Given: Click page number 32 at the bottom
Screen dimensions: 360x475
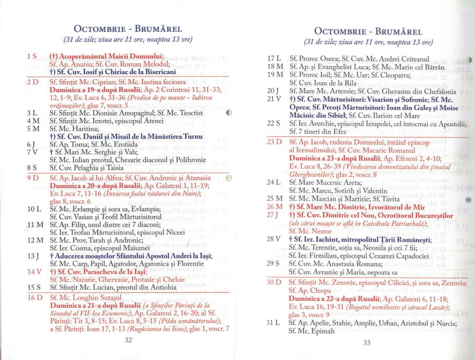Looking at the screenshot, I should pos(128,340).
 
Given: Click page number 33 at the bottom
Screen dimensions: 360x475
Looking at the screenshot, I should pos(367,343).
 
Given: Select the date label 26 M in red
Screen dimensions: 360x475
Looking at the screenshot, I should pos(275,207).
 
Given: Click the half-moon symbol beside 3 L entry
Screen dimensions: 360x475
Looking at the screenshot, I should pos(230,113).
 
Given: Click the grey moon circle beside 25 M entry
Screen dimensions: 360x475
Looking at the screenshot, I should pos(469,199).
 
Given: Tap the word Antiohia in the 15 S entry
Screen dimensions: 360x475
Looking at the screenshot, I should pos(163,287).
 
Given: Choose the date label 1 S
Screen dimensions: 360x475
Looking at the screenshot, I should pos(32,56).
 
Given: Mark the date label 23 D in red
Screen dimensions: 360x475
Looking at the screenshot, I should pos(274,142).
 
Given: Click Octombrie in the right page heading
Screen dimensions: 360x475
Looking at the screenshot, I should pos(340,31).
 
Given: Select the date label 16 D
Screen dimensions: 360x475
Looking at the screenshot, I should pos(35,298).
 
